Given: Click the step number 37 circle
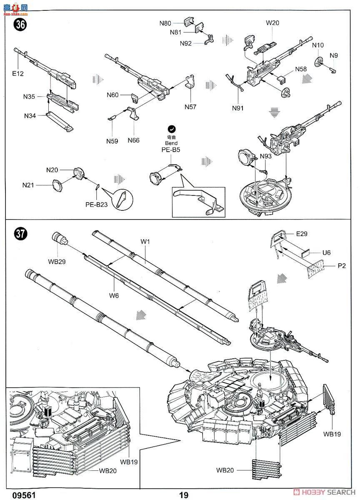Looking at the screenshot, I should coord(20,234).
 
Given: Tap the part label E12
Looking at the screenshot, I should coord(18,74).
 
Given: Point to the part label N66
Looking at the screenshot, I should coord(133,140).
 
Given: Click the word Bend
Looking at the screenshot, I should coord(171,143).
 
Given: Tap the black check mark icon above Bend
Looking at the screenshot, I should coord(171,129).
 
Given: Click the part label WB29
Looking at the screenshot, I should coord(57,261).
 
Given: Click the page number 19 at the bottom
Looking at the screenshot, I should coord(184,495).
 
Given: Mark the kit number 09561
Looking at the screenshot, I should coord(22,495).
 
